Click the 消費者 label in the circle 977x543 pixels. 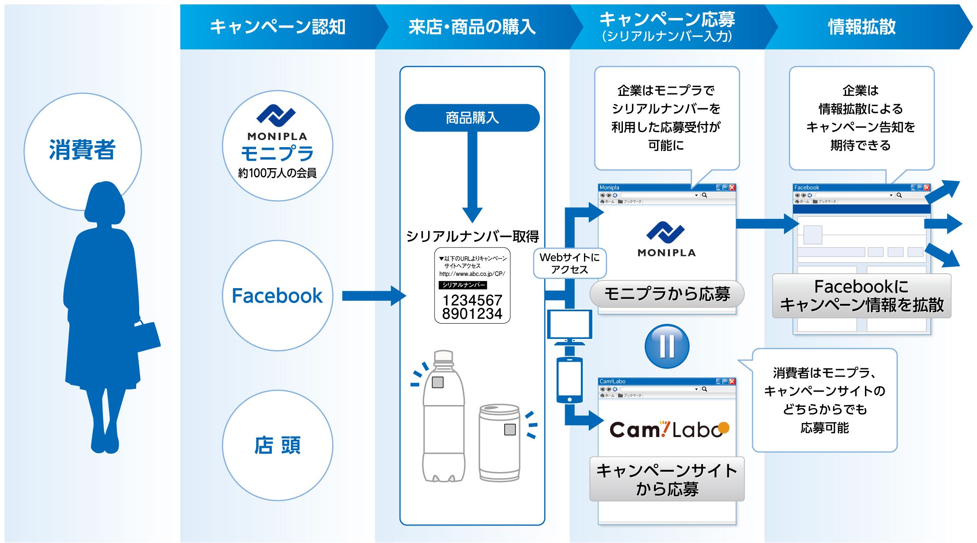click(82, 150)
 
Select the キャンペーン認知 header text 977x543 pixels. click(278, 27)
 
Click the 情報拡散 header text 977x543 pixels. click(861, 27)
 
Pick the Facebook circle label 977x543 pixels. click(277, 296)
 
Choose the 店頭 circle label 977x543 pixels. click(277, 445)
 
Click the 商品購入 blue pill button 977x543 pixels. click(472, 118)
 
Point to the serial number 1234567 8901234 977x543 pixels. click(472, 307)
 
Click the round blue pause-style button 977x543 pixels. click(667, 346)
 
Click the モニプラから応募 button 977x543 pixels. click(667, 294)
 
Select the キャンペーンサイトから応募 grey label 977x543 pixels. click(667, 480)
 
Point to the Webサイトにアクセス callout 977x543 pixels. click(569, 263)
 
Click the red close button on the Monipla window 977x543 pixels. click(732, 187)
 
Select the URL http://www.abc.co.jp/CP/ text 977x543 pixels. click(472, 274)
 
